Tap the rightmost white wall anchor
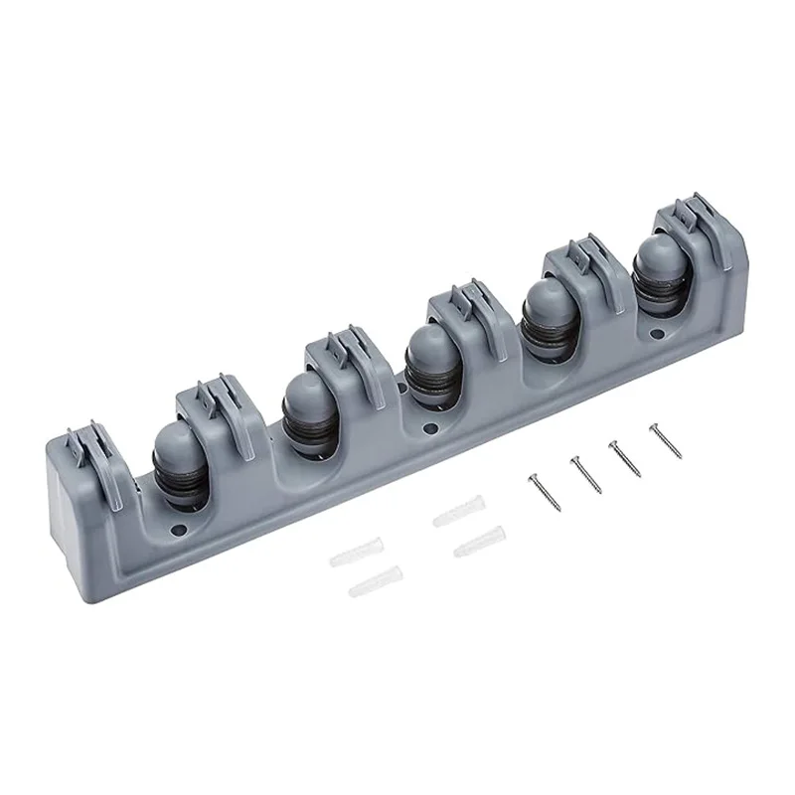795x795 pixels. point(478,542)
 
